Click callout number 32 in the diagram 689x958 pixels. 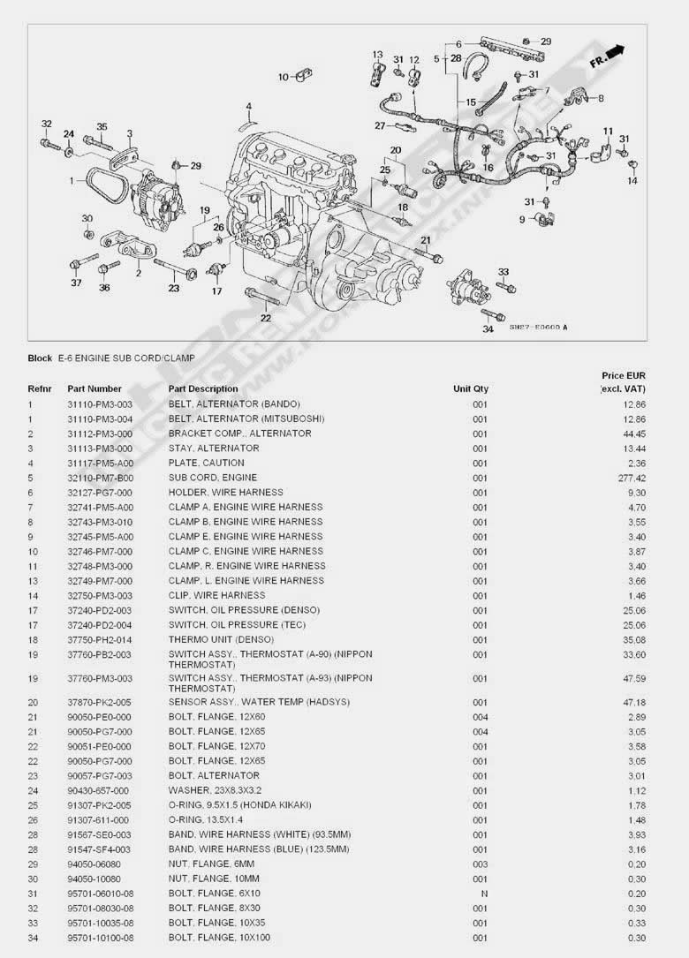pos(46,124)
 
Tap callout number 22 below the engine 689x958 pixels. pos(265,317)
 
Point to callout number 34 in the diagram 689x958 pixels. pos(488,329)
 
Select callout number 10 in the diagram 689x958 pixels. pos(283,78)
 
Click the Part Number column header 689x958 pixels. pos(95,388)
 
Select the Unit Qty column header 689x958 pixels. pos(470,388)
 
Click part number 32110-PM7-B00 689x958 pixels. pos(100,478)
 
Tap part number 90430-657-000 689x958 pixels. pos(98,790)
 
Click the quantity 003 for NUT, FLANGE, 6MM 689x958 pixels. pos(480,864)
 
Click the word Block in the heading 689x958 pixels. pos(40,358)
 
